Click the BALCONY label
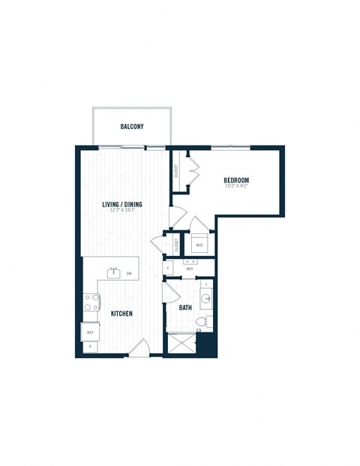132,127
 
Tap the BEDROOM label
236,180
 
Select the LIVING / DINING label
122,204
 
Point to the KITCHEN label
122,314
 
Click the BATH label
185,308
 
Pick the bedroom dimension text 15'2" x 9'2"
236,186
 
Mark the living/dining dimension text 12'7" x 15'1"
122,210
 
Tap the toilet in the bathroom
200,323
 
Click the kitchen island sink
115,273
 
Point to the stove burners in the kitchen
91,302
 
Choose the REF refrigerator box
90,331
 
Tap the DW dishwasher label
129,274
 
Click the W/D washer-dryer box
199,245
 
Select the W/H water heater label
190,267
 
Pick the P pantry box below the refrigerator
90,347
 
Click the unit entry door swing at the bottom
139,347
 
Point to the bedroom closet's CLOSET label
176,171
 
